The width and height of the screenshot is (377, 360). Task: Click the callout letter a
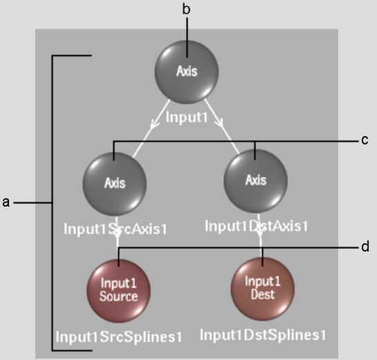click(6, 202)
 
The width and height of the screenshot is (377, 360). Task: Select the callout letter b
click(186, 10)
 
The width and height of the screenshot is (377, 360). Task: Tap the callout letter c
click(365, 140)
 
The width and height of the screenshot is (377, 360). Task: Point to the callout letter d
click(365, 247)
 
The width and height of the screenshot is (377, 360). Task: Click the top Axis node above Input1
click(187, 72)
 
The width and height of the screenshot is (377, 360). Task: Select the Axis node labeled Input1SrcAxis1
click(115, 184)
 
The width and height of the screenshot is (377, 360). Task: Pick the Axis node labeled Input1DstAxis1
click(255, 181)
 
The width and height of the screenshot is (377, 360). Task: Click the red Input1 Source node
click(118, 291)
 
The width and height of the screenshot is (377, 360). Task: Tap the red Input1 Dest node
click(263, 289)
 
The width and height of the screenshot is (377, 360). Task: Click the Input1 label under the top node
click(187, 117)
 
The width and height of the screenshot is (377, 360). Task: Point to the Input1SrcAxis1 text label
click(115, 229)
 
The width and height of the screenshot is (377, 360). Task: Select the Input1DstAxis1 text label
click(257, 226)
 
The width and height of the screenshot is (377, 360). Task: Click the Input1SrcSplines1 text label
click(119, 337)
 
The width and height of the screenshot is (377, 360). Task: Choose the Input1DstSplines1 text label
click(263, 334)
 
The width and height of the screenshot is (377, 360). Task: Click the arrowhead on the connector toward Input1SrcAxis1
click(154, 124)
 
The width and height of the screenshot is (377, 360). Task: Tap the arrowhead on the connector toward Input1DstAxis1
click(219, 122)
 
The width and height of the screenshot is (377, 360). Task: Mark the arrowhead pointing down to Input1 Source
click(117, 235)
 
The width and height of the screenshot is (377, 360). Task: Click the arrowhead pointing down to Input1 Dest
click(259, 233)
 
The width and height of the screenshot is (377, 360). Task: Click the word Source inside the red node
click(119, 296)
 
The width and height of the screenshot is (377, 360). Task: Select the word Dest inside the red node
click(263, 294)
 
